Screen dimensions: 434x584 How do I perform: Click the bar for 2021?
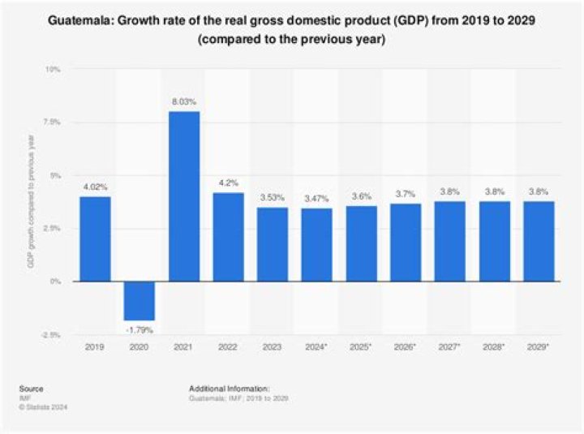click(x=184, y=196)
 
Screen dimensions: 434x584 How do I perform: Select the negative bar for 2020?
click(x=140, y=300)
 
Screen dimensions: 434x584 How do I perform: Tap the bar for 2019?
click(x=96, y=238)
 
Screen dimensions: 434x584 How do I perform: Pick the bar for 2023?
click(x=273, y=244)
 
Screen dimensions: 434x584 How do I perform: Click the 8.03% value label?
click(x=184, y=101)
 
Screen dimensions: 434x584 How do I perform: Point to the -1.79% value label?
click(x=140, y=329)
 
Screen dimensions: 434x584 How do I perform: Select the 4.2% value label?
click(x=229, y=183)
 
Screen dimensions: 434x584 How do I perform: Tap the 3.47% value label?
click(x=317, y=199)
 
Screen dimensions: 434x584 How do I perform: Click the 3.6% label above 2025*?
click(x=361, y=196)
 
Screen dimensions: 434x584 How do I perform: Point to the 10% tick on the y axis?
click(x=54, y=70)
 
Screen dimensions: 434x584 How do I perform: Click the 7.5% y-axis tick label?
click(x=52, y=122)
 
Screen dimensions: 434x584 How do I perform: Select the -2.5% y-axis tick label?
click(x=50, y=334)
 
